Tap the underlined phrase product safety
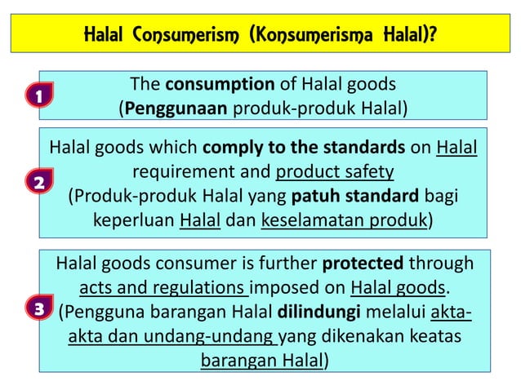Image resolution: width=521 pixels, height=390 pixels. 336,171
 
